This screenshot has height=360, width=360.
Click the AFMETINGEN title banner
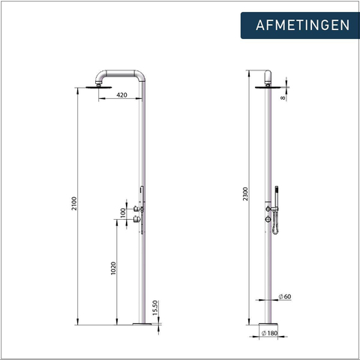coord(300,25)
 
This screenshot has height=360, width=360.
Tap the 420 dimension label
coord(121,95)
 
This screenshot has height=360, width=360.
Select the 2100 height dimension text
coord(74,203)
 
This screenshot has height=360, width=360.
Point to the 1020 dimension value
coord(113,268)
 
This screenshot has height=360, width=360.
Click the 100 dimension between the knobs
coord(123,213)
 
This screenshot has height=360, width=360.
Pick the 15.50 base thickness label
coord(155,307)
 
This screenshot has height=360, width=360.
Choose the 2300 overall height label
coord(245,193)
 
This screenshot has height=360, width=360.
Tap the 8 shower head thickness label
coord(283,98)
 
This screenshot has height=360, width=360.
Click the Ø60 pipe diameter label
coord(285,296)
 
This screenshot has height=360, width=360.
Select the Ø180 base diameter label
coord(269,333)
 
